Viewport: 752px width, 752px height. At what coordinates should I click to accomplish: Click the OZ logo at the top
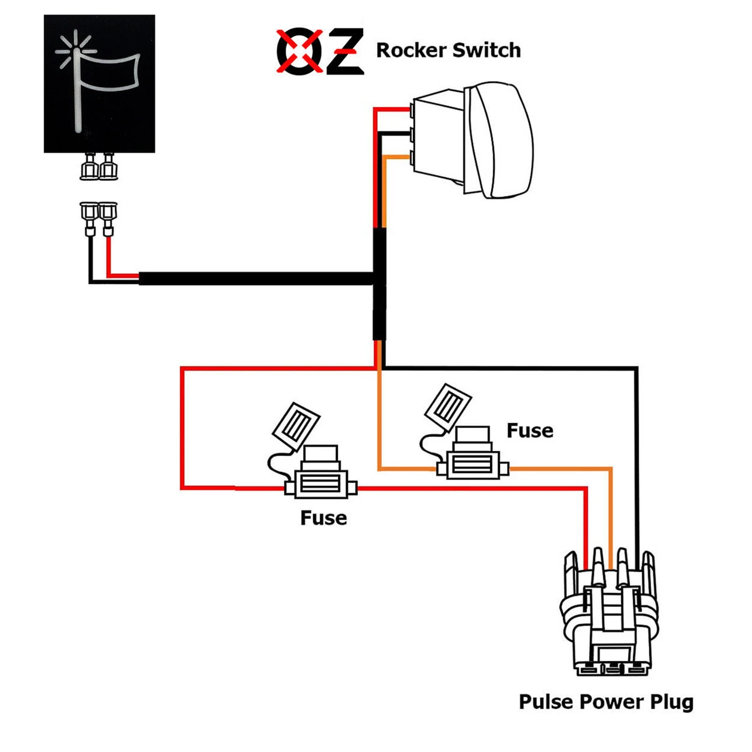(x=320, y=51)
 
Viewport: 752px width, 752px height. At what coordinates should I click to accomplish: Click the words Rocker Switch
(x=448, y=51)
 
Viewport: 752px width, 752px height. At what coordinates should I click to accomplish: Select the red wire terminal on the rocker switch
(x=412, y=110)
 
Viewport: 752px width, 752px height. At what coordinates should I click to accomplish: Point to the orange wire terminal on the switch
(x=412, y=157)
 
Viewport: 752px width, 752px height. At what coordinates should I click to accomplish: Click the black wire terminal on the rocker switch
(x=412, y=135)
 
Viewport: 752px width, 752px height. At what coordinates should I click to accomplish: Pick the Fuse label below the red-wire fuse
(x=323, y=518)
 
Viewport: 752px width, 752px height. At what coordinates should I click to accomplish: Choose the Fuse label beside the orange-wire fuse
(x=530, y=431)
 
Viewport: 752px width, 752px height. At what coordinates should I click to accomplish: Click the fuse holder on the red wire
(x=320, y=485)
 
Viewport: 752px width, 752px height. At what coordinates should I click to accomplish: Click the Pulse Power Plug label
(x=606, y=702)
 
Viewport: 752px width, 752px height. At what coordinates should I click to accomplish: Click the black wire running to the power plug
(x=636, y=458)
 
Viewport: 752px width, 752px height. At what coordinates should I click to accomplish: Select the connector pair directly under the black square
(x=99, y=167)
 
